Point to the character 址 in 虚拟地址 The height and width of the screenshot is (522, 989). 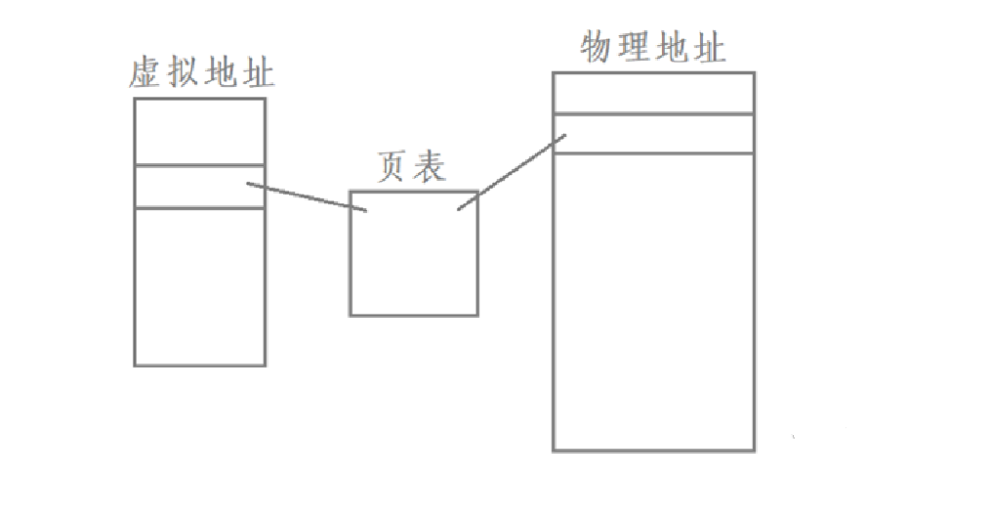[258, 74]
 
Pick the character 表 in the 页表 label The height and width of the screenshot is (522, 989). [430, 167]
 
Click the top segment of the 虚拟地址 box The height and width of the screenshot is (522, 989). [199, 131]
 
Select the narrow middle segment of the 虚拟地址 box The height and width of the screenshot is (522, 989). [199, 187]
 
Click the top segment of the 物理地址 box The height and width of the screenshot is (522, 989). [653, 94]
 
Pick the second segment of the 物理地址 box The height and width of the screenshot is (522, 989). [653, 134]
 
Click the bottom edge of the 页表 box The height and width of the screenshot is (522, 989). [414, 315]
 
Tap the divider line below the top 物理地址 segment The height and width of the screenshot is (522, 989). [653, 114]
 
